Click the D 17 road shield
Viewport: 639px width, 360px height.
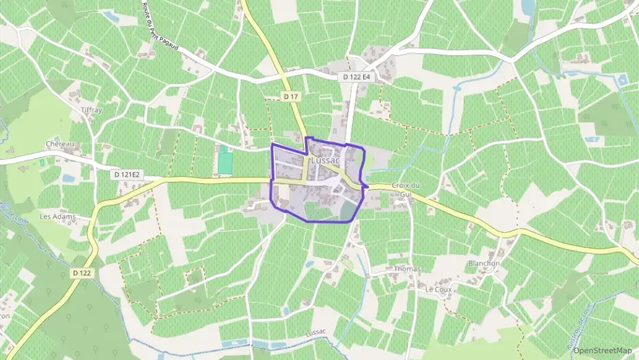click(x=292, y=97)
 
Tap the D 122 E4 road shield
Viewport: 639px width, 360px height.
click(x=357, y=77)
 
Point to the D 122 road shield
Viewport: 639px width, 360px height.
click(x=81, y=273)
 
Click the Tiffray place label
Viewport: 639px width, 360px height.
click(x=91, y=109)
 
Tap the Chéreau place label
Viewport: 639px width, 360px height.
click(x=59, y=145)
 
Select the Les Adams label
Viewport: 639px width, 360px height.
click(x=57, y=217)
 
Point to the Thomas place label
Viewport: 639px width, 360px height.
click(x=407, y=269)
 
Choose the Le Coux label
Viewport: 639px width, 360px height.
click(x=439, y=289)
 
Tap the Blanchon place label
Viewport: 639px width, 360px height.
click(x=484, y=264)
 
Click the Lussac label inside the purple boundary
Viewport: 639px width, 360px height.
click(x=324, y=160)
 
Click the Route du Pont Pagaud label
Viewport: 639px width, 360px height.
click(x=166, y=31)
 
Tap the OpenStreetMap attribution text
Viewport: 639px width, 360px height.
click(x=602, y=350)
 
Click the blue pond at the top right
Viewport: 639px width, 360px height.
click(x=528, y=8)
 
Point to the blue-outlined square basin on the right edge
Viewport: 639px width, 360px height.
click(x=622, y=80)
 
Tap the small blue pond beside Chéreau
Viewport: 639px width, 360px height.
click(x=68, y=178)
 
